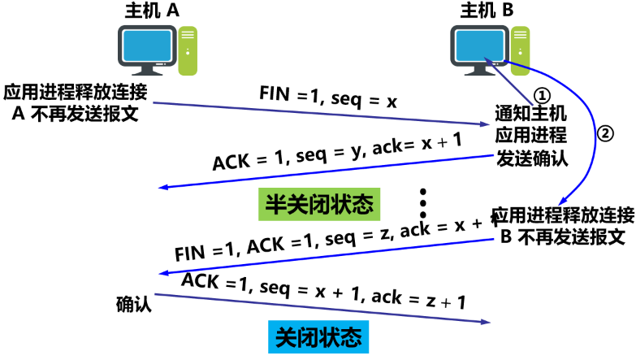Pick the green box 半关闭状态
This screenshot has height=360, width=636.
[x=320, y=203]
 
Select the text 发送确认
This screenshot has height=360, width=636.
[x=531, y=155]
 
